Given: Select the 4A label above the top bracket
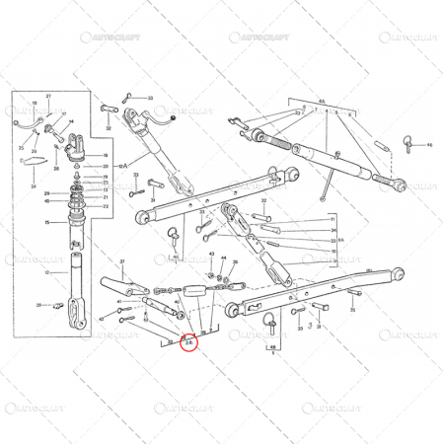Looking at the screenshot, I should tap(321, 101).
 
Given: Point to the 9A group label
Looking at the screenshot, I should tap(340, 240).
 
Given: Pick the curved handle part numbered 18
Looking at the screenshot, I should tap(28, 123).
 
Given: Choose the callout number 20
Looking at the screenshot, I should tap(106, 167).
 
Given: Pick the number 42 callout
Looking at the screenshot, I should tap(102, 319).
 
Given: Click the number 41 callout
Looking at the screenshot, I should tap(118, 302).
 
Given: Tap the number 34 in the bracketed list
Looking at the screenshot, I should tap(333, 241).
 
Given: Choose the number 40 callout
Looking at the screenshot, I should tap(177, 302).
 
